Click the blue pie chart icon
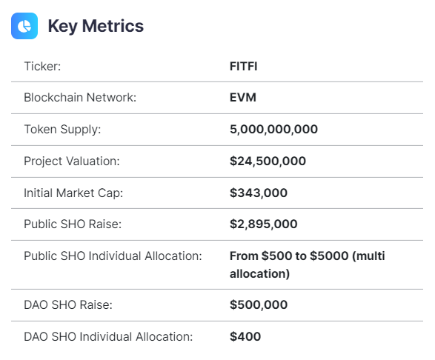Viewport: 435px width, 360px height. pos(24,26)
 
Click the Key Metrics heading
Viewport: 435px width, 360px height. pos(96,26)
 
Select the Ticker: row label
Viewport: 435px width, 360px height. pos(42,66)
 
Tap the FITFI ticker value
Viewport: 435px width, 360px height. pos(244,66)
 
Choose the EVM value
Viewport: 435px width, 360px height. pos(243,98)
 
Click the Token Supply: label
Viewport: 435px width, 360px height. pos(62,130)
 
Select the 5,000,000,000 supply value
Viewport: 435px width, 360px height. pos(273,130)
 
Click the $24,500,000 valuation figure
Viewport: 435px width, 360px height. pos(268,161)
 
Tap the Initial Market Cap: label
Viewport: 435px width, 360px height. pos(73,193)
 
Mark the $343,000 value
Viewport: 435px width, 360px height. pos(259,193)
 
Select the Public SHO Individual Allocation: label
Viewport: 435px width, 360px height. pos(113,257)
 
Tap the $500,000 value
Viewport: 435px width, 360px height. pos(259,304)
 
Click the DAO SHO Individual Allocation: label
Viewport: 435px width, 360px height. pos(108,336)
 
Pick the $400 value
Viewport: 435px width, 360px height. pos(245,336)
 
